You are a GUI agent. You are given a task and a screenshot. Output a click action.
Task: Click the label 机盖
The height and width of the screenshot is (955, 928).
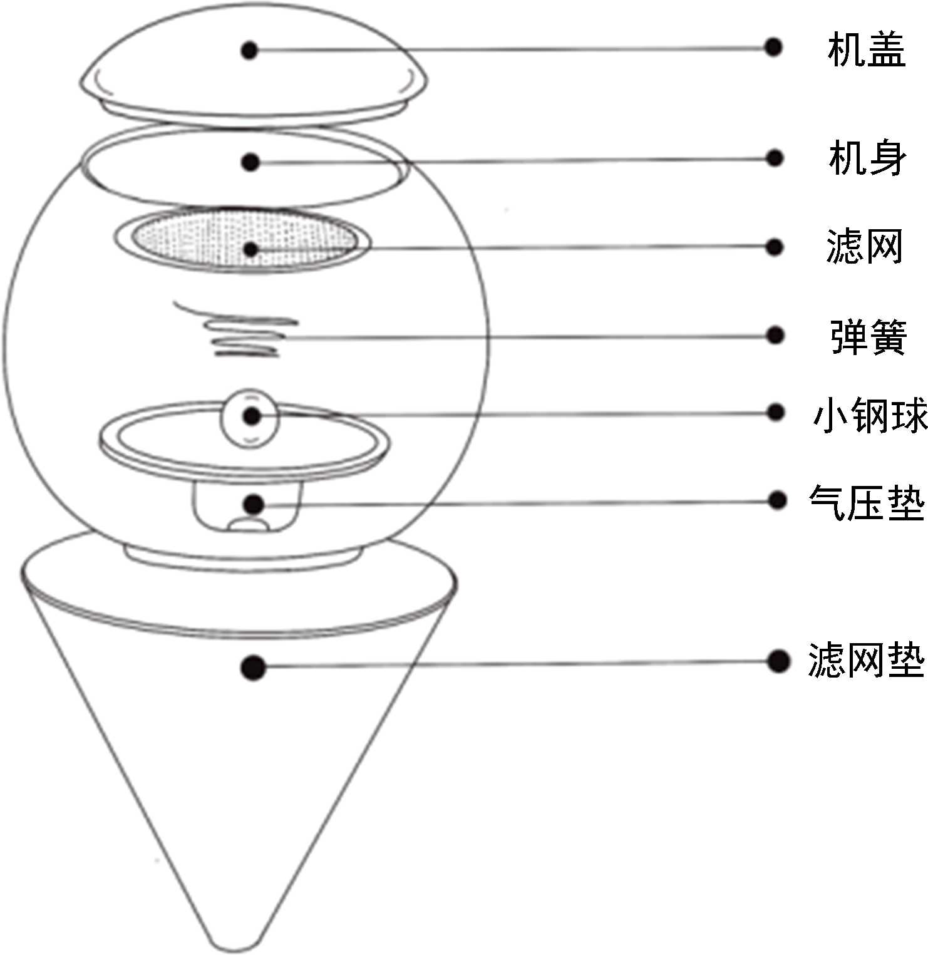point(866,49)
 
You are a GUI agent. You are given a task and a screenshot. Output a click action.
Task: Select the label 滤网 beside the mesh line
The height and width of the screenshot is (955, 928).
point(864,247)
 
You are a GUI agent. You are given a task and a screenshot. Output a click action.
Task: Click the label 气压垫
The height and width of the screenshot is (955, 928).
point(867,502)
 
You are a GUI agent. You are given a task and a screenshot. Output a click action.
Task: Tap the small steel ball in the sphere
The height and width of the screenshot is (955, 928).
point(251,417)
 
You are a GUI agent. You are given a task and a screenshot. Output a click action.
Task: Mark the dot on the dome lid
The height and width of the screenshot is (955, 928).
point(250,50)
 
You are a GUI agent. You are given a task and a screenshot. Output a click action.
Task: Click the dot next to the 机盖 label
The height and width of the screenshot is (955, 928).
point(774,47)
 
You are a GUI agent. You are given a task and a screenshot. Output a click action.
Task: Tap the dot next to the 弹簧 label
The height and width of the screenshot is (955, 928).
point(775,336)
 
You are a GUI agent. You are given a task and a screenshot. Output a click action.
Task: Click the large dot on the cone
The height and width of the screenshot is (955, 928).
point(253,667)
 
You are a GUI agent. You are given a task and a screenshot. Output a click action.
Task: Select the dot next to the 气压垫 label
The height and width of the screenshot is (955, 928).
point(776,500)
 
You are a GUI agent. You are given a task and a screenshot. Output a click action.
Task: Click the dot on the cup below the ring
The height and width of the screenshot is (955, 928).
point(253,503)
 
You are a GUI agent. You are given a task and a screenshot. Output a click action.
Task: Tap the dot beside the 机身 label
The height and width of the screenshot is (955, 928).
point(775,158)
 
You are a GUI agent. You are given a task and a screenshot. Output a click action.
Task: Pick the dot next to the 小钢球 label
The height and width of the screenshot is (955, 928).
point(776,412)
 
